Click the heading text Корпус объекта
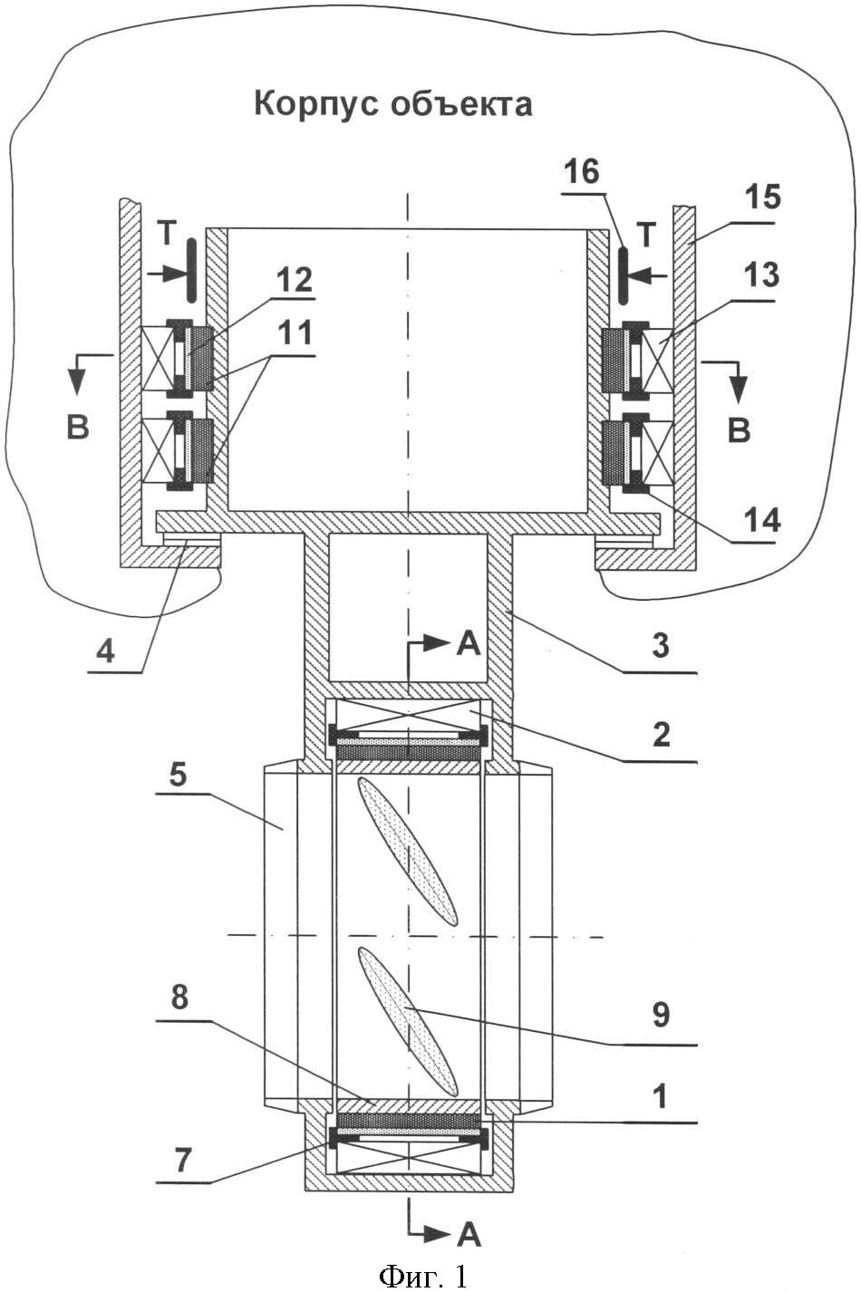point(392,104)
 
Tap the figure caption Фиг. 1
point(423,1275)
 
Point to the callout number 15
point(760,197)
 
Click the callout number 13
point(761,275)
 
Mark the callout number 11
point(294,333)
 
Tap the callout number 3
point(661,646)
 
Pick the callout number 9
point(661,1016)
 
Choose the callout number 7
point(183,1160)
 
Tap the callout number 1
point(662,1097)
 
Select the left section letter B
point(78,426)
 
